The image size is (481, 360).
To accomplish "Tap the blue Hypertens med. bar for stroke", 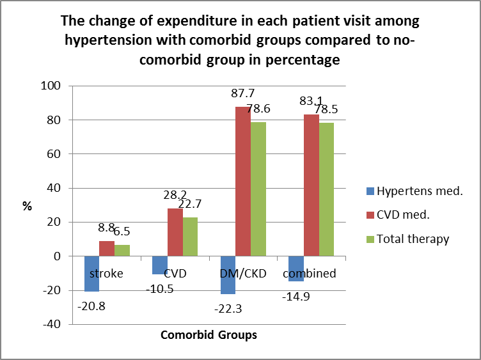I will pyautogui.click(x=91, y=274).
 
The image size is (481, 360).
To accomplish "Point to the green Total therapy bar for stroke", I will pyautogui.click(x=122, y=251).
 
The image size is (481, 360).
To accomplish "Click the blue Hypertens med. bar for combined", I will pyautogui.click(x=296, y=269).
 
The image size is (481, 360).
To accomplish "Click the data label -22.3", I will pyautogui.click(x=228, y=309).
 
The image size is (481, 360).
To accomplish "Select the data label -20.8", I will pyautogui.click(x=92, y=306).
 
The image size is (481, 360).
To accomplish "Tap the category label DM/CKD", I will pyautogui.click(x=243, y=274).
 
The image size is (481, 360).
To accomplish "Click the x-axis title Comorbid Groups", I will pyautogui.click(x=209, y=335).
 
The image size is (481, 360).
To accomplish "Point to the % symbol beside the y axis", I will pyautogui.click(x=28, y=206).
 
